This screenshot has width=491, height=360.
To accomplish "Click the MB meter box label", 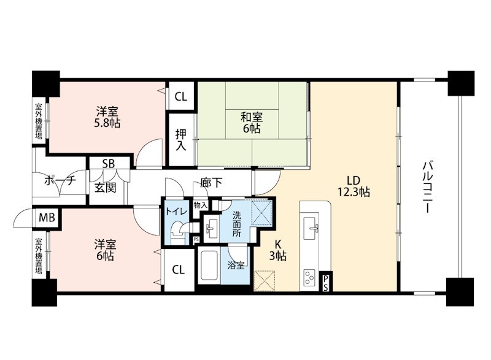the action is [47, 217].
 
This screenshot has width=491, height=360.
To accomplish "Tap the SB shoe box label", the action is [109, 163].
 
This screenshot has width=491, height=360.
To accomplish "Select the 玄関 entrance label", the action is [105, 188].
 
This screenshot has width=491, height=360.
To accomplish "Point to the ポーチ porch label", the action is [60, 180].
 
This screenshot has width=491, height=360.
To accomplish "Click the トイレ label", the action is [176, 212].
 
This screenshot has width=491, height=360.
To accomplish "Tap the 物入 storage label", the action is [201, 205].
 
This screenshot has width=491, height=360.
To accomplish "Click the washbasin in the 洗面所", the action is [212, 228].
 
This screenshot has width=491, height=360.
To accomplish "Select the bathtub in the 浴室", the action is [209, 266].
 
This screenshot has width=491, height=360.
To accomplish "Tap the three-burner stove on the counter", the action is [310, 278].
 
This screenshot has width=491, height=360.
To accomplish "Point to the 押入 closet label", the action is [180, 140].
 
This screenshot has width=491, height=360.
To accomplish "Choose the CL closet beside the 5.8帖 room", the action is [180, 97].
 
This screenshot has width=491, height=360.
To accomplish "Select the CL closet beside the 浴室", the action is [178, 270].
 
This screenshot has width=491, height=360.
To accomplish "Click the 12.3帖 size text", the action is [354, 191].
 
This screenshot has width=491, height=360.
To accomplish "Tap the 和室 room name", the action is [252, 117].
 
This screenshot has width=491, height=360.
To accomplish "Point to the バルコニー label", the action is [427, 186].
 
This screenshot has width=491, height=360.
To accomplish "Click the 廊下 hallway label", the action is [211, 182].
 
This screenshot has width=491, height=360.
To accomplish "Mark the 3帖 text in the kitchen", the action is [278, 256].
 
